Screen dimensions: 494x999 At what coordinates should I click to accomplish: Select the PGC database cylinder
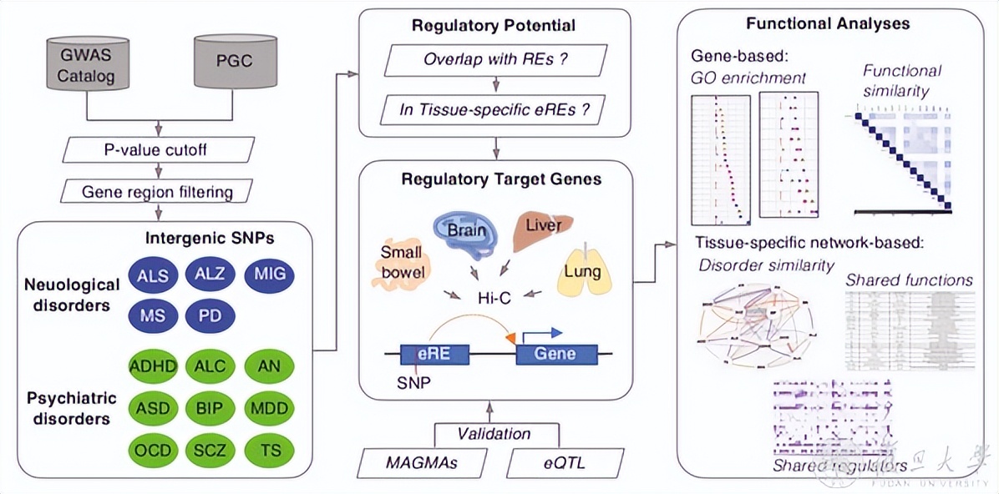(236, 62)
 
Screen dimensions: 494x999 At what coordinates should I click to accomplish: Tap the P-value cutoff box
(156, 151)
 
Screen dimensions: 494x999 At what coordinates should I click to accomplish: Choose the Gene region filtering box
(156, 192)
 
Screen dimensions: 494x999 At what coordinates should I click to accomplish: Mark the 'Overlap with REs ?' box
(496, 60)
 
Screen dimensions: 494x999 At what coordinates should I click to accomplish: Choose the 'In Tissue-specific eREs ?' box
(496, 110)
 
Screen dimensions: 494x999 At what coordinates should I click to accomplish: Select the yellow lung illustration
(586, 272)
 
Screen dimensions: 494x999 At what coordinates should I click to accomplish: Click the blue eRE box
(435, 354)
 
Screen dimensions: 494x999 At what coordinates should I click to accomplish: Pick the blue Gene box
(556, 354)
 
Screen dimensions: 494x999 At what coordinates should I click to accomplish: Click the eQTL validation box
(565, 461)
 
